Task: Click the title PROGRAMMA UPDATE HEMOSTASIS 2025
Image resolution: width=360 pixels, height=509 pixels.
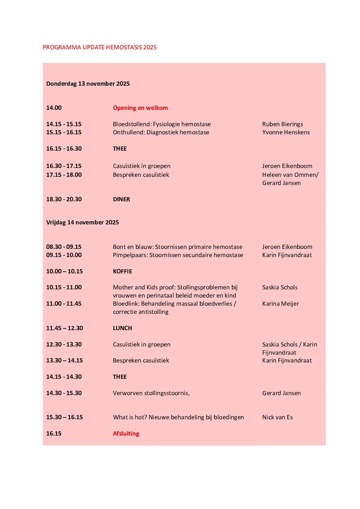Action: pyautogui.click(x=100, y=47)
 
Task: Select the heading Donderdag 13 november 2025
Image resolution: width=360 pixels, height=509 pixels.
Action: pyautogui.click(x=88, y=84)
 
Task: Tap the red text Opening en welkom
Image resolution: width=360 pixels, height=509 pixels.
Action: pyautogui.click(x=140, y=108)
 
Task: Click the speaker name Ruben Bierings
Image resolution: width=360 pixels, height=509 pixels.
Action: pyautogui.click(x=282, y=124)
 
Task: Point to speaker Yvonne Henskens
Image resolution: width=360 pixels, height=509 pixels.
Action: pyautogui.click(x=286, y=132)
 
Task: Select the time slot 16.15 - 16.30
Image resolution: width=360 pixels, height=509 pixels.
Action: pyautogui.click(x=64, y=149)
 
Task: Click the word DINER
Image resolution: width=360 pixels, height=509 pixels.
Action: pyautogui.click(x=121, y=199)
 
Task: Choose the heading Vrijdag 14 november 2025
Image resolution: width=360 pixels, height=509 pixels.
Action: pyautogui.click(x=82, y=222)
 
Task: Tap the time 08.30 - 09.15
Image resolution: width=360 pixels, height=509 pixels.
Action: pyautogui.click(x=64, y=247)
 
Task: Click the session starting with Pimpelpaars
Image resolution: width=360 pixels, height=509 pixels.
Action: pyautogui.click(x=178, y=255)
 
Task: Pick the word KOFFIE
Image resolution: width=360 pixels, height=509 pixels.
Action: pyautogui.click(x=122, y=271)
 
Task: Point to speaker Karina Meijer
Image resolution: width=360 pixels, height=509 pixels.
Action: pyautogui.click(x=280, y=304)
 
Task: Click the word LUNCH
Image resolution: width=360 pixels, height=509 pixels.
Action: pyautogui.click(x=122, y=328)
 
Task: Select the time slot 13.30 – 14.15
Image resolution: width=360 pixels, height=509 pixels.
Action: pyautogui.click(x=64, y=360)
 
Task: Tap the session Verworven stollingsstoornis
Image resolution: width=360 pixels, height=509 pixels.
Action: pyautogui.click(x=151, y=393)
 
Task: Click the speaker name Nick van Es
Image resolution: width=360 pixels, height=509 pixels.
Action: pyautogui.click(x=277, y=417)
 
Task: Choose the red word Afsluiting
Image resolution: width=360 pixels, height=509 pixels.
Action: pyautogui.click(x=126, y=434)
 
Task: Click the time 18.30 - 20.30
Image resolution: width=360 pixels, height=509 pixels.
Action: pyautogui.click(x=64, y=199)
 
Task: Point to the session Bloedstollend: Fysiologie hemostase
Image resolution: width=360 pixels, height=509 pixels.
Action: pyautogui.click(x=162, y=124)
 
